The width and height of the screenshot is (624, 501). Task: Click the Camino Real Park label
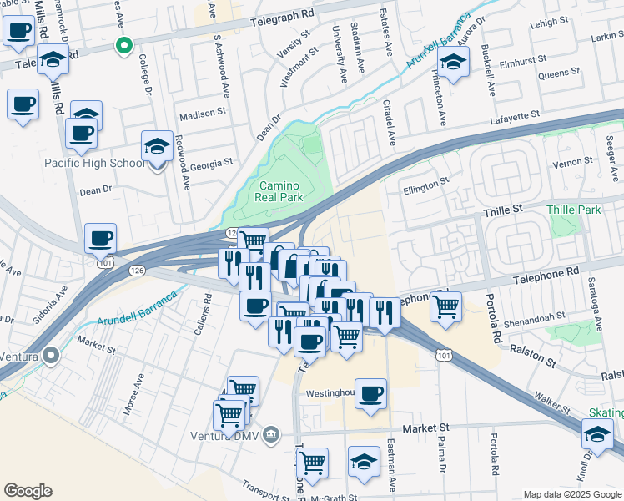coord(279,191)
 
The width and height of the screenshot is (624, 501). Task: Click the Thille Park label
coord(574,210)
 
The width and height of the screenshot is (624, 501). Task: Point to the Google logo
coord(28,491)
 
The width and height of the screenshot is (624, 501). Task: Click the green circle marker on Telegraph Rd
coord(124,45)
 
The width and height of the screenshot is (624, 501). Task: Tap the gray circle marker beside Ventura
coord(52,356)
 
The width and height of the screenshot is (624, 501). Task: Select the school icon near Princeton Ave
coord(453,63)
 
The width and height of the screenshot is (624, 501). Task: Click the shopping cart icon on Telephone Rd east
coord(446,306)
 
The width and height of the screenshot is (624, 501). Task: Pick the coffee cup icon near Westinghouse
coord(371,393)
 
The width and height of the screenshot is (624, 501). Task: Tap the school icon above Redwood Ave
coord(157,146)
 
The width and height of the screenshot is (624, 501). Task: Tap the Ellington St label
coord(426,181)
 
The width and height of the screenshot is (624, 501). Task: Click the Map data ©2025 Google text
coord(572,493)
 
